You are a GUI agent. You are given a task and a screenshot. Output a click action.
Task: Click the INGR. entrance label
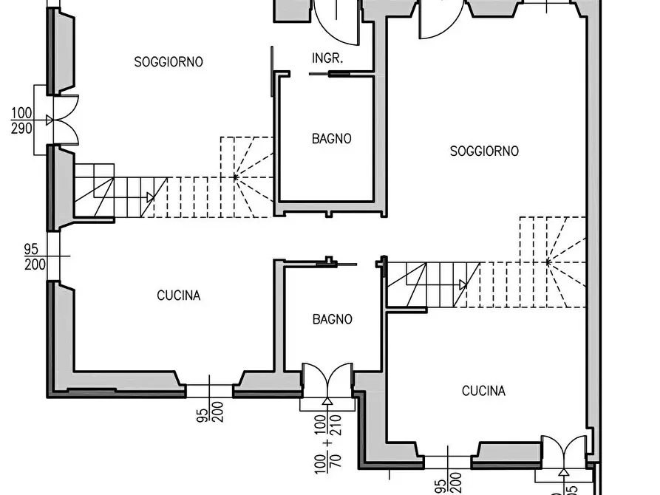tap(327, 58)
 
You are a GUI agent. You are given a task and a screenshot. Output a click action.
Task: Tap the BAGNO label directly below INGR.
tap(332, 138)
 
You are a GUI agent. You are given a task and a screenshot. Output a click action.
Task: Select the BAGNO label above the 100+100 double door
tap(332, 319)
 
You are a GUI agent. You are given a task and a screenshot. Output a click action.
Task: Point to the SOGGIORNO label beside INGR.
tap(169, 62)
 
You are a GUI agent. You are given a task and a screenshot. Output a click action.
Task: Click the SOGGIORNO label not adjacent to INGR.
tap(484, 151)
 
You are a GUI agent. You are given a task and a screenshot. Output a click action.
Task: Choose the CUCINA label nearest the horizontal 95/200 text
tap(178, 296)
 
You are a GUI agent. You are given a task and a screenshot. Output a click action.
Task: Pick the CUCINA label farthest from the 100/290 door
tap(483, 391)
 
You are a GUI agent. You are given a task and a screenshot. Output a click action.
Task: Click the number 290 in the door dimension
tap(21, 128)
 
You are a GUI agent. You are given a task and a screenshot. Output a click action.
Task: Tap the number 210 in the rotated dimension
tap(335, 425)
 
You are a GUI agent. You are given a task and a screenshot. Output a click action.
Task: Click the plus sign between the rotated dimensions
tap(328, 443)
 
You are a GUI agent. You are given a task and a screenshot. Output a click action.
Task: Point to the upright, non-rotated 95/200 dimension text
tap(35, 257)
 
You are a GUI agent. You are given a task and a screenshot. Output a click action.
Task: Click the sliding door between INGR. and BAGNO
tap(341, 74)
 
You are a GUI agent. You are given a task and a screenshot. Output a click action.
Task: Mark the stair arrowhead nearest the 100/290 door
tap(150, 197)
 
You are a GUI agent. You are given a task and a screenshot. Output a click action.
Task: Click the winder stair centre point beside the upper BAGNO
tap(235, 177)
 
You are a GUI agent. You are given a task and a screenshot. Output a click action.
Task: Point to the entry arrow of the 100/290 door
tap(50, 120)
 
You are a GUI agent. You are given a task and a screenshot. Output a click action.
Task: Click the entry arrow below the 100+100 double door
tap(327, 401)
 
